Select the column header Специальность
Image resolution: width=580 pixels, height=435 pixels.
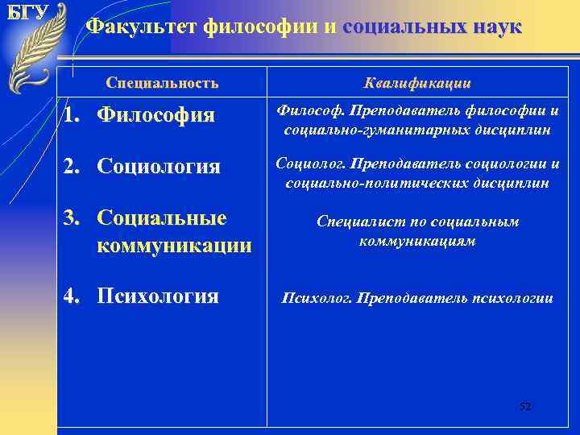pyautogui.click(x=162, y=83)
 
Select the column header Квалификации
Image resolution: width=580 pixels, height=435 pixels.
pyautogui.click(x=417, y=83)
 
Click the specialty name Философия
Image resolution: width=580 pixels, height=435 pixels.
pyautogui.click(x=155, y=116)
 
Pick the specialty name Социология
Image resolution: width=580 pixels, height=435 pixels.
pyautogui.click(x=159, y=167)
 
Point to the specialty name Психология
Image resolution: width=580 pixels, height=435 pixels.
pyautogui.click(x=158, y=296)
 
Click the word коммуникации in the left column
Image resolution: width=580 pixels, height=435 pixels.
pyautogui.click(x=174, y=245)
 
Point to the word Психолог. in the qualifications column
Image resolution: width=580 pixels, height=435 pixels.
pyautogui.click(x=316, y=298)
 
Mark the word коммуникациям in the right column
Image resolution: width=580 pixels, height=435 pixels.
pyautogui.click(x=417, y=240)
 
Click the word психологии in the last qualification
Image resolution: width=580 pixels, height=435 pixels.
pyautogui.click(x=512, y=298)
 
